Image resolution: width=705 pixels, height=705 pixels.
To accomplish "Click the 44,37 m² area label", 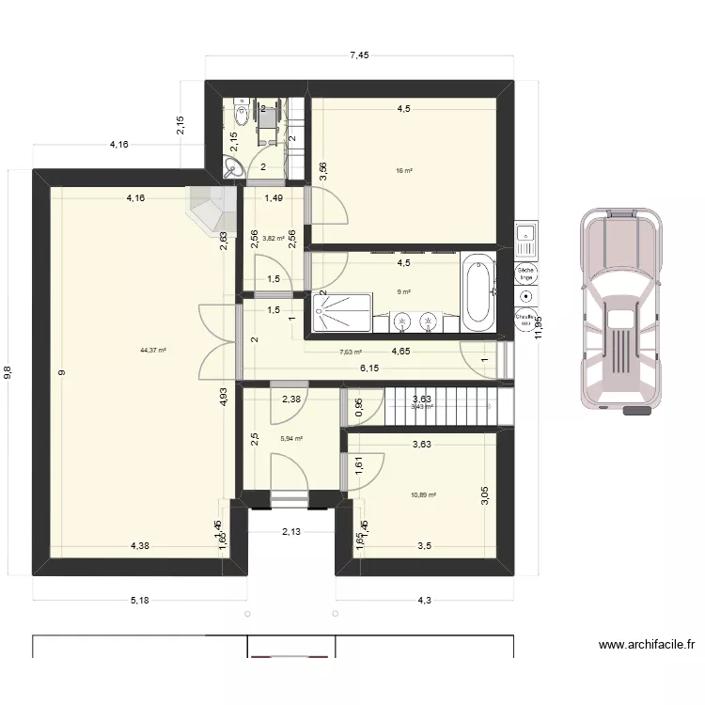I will pyautogui.click(x=152, y=351).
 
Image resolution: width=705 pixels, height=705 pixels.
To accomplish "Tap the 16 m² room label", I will pyautogui.click(x=404, y=171).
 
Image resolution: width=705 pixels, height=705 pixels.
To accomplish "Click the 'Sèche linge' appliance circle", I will pyautogui.click(x=525, y=274).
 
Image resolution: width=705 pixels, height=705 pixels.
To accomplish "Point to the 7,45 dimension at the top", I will pyautogui.click(x=359, y=55).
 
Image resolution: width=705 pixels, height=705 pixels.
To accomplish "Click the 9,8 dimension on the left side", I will pyautogui.click(x=8, y=372).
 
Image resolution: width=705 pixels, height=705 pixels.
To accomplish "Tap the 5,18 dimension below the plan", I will pyautogui.click(x=139, y=600).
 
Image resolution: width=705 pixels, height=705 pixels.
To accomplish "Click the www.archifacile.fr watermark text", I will pyautogui.click(x=647, y=646).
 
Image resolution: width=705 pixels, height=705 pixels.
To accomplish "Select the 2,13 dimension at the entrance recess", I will pyautogui.click(x=291, y=532).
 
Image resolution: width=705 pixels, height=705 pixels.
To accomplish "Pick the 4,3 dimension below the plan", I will pyautogui.click(x=424, y=600).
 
